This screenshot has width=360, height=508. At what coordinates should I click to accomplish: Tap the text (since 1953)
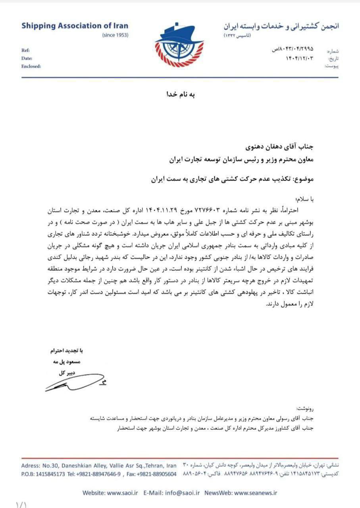pos(115,35)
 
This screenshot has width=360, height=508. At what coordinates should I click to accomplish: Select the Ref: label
pos(25,50)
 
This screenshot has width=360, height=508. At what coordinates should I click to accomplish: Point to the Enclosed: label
pos(31,66)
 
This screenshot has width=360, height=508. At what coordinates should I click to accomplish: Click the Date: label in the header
pos(27,58)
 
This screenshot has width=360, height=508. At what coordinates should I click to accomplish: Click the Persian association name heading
pos(281,27)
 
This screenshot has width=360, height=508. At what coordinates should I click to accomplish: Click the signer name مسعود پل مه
pos(64,362)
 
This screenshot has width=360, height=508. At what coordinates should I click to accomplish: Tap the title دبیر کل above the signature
pos(64,373)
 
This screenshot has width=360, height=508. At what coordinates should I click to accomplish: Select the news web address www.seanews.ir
pos(256,493)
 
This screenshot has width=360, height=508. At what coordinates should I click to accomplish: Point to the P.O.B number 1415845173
pos(50,474)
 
